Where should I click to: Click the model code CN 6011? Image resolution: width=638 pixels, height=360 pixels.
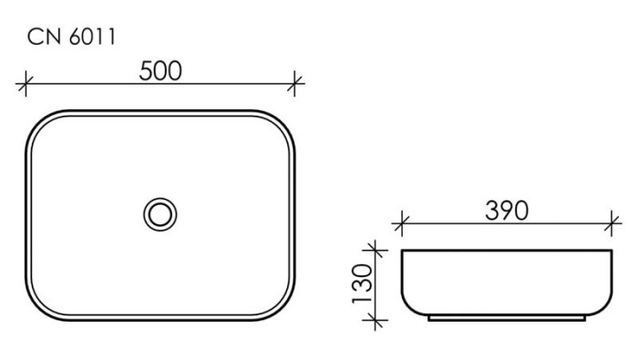[70, 37]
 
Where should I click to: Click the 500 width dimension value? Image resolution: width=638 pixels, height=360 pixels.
[160, 71]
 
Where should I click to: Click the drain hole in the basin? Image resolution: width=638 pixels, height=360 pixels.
[160, 214]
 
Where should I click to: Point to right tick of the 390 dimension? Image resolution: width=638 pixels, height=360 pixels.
[613, 222]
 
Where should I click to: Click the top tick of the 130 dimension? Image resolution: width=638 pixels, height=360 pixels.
[373, 249]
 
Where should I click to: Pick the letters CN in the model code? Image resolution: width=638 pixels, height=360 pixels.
[43, 37]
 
